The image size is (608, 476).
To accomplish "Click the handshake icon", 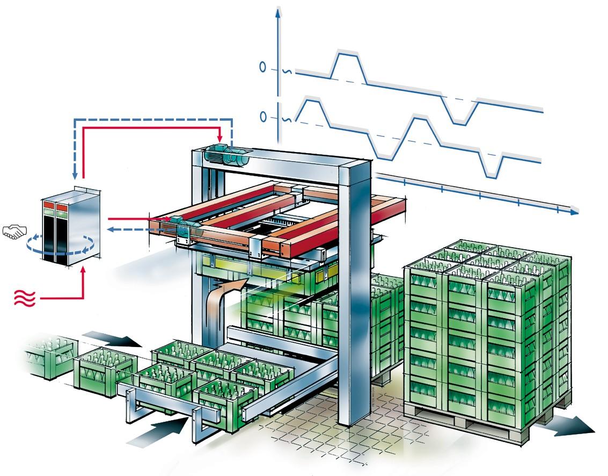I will click(x=14, y=232).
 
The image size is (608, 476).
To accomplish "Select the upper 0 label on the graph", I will click(x=263, y=68).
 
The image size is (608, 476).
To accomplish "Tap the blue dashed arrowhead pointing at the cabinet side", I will click(x=108, y=229).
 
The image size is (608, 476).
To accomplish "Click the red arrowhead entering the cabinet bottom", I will click(x=84, y=270).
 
